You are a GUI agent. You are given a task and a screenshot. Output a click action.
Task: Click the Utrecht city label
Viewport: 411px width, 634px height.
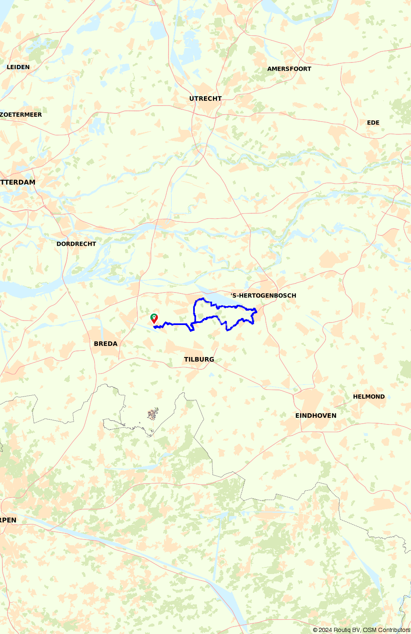tap(205, 99)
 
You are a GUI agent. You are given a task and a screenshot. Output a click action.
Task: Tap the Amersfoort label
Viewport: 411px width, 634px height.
tap(289, 69)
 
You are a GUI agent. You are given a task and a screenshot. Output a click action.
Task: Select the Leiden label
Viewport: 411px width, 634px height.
tap(18, 67)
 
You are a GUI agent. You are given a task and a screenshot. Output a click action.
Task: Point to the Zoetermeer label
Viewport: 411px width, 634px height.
tap(21, 115)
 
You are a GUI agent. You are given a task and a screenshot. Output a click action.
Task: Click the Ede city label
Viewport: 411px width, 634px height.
tap(373, 122)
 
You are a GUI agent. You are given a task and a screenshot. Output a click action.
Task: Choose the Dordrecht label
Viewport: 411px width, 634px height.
tap(76, 244)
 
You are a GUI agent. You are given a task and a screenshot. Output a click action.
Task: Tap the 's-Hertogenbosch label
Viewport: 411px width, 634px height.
tap(263, 295)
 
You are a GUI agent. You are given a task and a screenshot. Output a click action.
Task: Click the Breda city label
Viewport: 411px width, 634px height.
tap(106, 344)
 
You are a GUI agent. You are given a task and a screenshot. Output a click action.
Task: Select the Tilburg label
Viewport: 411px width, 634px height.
tap(199, 360)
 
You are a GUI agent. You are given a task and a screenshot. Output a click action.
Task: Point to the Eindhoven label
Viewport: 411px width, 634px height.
tap(316, 416)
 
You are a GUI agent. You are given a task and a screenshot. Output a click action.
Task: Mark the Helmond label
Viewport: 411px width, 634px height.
tap(369, 397)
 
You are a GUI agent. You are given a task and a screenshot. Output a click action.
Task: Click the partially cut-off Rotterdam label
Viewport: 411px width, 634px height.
tap(18, 182)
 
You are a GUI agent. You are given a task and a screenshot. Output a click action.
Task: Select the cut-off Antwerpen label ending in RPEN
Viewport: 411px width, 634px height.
tap(8, 520)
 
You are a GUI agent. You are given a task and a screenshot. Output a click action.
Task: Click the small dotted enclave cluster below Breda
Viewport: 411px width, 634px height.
tap(153, 414)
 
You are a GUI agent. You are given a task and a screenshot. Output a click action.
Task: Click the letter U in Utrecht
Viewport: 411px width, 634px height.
tap(192, 99)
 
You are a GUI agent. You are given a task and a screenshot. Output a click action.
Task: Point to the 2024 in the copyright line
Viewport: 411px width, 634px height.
tap(326, 630)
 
